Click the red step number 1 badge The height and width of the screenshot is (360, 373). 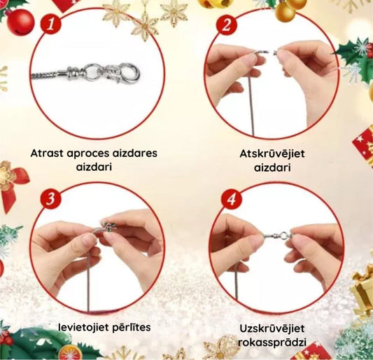tap(50, 25)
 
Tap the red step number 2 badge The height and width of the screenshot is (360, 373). tap(227, 25)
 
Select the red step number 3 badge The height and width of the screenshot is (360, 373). tap(50, 199)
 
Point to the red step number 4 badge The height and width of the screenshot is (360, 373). tap(231, 199)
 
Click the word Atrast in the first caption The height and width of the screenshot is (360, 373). tap(47, 153)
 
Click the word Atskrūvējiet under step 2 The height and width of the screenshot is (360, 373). tap(272, 154)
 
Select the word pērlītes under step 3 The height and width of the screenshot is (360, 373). tap(131, 327)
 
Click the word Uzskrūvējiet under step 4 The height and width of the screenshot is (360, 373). tap(272, 328)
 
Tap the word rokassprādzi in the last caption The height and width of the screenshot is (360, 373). tap(272, 343)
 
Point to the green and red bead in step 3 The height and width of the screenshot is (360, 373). tap(109, 226)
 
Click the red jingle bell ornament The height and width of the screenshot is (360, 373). tap(20, 22)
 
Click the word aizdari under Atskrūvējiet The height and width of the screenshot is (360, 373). tap(272, 168)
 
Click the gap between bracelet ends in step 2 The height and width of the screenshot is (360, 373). tap(271, 52)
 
